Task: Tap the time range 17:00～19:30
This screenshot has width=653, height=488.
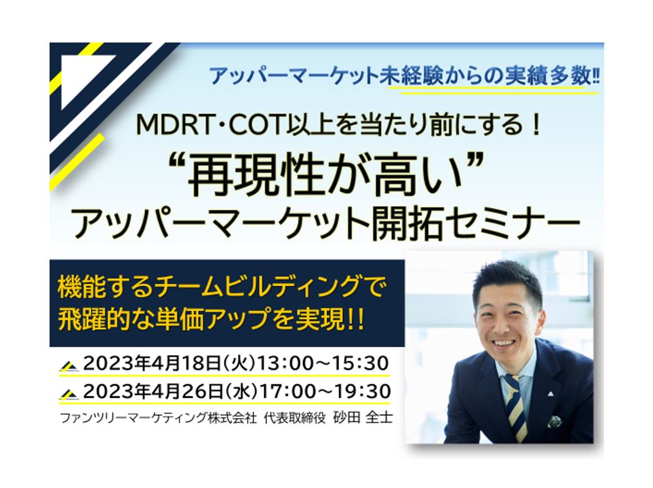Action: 325,391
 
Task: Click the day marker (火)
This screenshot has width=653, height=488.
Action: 239,363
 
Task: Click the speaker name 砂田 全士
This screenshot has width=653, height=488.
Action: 363,418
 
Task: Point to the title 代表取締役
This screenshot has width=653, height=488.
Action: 295,418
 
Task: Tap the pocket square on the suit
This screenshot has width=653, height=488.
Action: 555,421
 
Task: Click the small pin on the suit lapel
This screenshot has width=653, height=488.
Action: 551,393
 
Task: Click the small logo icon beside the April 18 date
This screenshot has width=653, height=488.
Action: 69,366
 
